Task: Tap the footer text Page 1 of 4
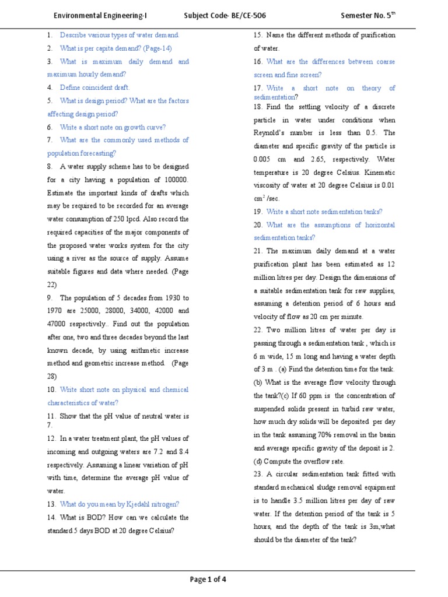point(208,579)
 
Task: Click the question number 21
point(258,251)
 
